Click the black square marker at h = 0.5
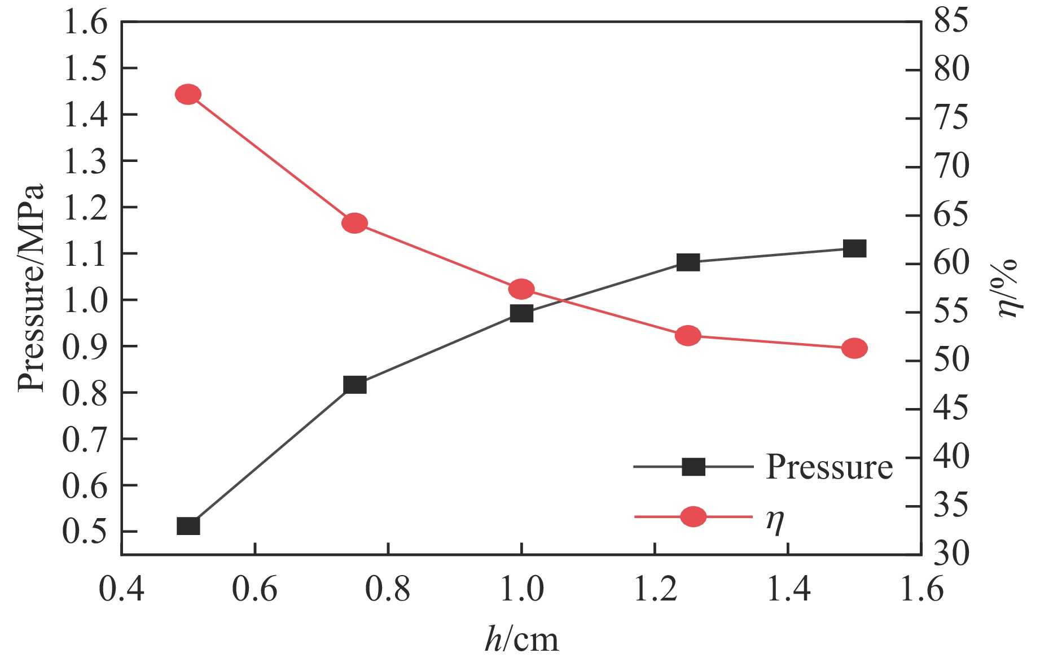click(x=188, y=526)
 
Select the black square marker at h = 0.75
click(x=355, y=385)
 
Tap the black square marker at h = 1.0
click(x=521, y=313)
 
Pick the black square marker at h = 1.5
click(x=854, y=248)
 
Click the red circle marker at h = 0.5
click(x=188, y=94)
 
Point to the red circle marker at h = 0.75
click(x=355, y=223)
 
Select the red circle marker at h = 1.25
click(x=688, y=336)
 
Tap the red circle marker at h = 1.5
click(x=854, y=349)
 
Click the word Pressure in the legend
click(x=829, y=467)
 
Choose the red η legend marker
click(x=693, y=516)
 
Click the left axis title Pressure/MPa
click(x=31, y=288)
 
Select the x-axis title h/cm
click(x=521, y=639)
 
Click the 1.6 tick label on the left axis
click(x=85, y=23)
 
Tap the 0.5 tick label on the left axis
click(x=85, y=532)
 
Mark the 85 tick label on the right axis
click(x=951, y=21)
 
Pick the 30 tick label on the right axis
click(x=951, y=554)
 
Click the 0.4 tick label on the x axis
click(x=122, y=589)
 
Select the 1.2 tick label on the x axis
click(x=655, y=589)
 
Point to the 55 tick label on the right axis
click(x=951, y=312)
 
